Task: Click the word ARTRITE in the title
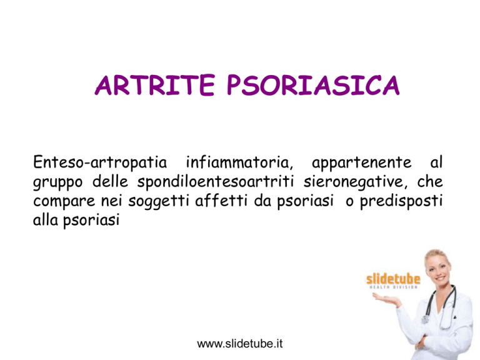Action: (x=154, y=85)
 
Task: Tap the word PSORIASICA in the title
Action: (x=313, y=85)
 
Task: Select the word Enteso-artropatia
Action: (x=100, y=163)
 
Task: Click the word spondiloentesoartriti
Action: (x=216, y=182)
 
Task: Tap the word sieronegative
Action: (x=356, y=182)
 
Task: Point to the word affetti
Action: (x=221, y=201)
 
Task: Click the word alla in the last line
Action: (x=45, y=219)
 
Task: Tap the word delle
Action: (x=110, y=181)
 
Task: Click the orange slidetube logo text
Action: (x=393, y=279)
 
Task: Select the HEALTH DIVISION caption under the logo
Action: (x=394, y=287)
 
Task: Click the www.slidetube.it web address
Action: (x=240, y=344)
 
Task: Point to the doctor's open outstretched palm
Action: (x=386, y=299)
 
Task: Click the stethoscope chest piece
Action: (x=425, y=319)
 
